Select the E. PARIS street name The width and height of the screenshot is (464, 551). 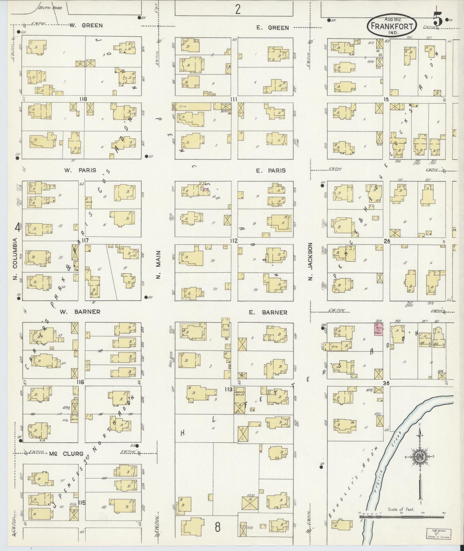tap(271, 171)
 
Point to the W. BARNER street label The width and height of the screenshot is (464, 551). tap(80, 312)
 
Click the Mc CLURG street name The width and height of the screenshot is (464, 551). tap(66, 454)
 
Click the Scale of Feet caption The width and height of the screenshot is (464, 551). tap(401, 509)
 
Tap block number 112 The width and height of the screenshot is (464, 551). tap(233, 241)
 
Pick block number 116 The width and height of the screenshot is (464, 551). tap(80, 382)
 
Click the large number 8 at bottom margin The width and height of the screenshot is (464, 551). tap(218, 527)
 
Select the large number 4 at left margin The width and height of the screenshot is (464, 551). tap(18, 228)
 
